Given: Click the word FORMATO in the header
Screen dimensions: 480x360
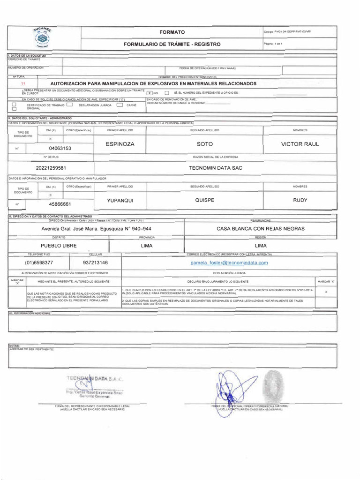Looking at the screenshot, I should pyautogui.click(x=172, y=32).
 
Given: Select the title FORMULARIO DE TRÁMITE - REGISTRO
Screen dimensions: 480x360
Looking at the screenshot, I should pyautogui.click(x=172, y=44).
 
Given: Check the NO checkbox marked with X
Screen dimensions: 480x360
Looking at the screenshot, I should pyautogui.click(x=150, y=93).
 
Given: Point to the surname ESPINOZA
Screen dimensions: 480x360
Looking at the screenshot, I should pyautogui.click(x=120, y=144).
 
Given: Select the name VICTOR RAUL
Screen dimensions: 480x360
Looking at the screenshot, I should pyautogui.click(x=300, y=144).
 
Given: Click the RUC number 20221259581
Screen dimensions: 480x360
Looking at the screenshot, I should pyautogui.click(x=51, y=168).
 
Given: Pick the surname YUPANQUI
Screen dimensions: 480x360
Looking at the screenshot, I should pyautogui.click(x=120, y=200).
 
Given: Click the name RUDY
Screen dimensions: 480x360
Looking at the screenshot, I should pyautogui.click(x=300, y=200).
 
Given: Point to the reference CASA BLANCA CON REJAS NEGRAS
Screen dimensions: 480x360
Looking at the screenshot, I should pyautogui.click(x=261, y=229).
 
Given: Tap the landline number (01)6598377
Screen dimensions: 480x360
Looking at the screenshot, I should pyautogui.click(x=39, y=263).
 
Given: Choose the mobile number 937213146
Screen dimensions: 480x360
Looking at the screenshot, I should pyautogui.click(x=95, y=263).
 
